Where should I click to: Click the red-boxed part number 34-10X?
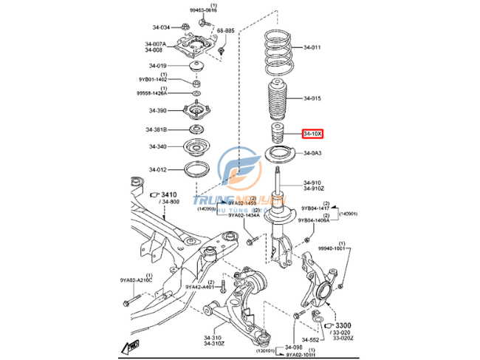[x=312, y=134]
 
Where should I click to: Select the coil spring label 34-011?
[x=312, y=48]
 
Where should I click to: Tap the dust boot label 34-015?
[x=312, y=98]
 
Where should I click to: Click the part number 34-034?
[x=160, y=27]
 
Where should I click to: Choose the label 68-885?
[x=225, y=31]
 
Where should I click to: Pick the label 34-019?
[x=157, y=66]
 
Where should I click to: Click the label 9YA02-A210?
[x=136, y=280]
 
